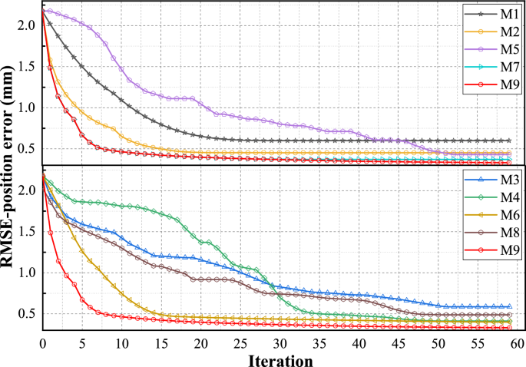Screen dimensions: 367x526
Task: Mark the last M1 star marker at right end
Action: pos(508,141)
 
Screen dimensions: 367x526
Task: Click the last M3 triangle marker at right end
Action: pos(508,306)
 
